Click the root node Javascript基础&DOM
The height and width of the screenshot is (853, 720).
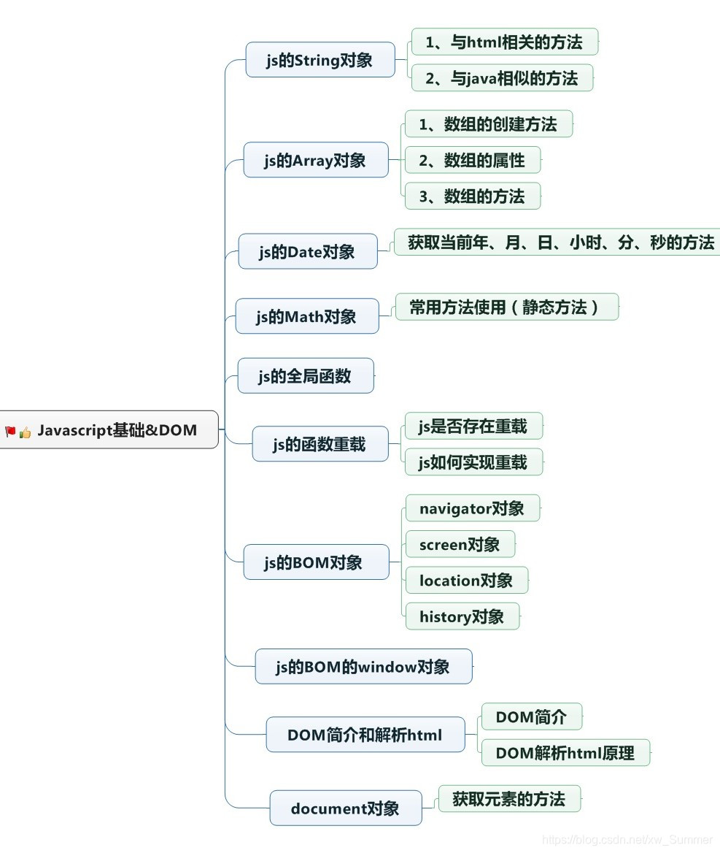117,430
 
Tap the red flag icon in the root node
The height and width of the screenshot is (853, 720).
10,431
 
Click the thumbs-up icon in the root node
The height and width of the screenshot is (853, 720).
26,432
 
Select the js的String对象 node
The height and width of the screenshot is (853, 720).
320,61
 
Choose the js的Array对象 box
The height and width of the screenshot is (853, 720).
315,160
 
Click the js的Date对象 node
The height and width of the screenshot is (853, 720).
307,252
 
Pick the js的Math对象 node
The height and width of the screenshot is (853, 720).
306,316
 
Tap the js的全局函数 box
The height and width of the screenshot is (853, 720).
305,376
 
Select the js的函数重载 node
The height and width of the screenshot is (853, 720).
320,444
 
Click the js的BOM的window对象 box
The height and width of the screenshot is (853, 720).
363,666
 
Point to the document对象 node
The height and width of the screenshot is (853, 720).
345,808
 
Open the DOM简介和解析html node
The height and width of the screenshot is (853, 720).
365,735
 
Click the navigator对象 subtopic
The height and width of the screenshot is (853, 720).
472,508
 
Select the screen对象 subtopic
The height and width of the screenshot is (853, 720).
460,544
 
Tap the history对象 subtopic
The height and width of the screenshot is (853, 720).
462,616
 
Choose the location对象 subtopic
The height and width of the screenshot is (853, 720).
466,581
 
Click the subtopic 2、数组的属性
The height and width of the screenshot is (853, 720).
472,160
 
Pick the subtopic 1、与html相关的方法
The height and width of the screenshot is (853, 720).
504,42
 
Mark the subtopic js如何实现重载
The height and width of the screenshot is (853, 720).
473,462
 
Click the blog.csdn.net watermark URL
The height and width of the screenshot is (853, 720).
628,840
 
